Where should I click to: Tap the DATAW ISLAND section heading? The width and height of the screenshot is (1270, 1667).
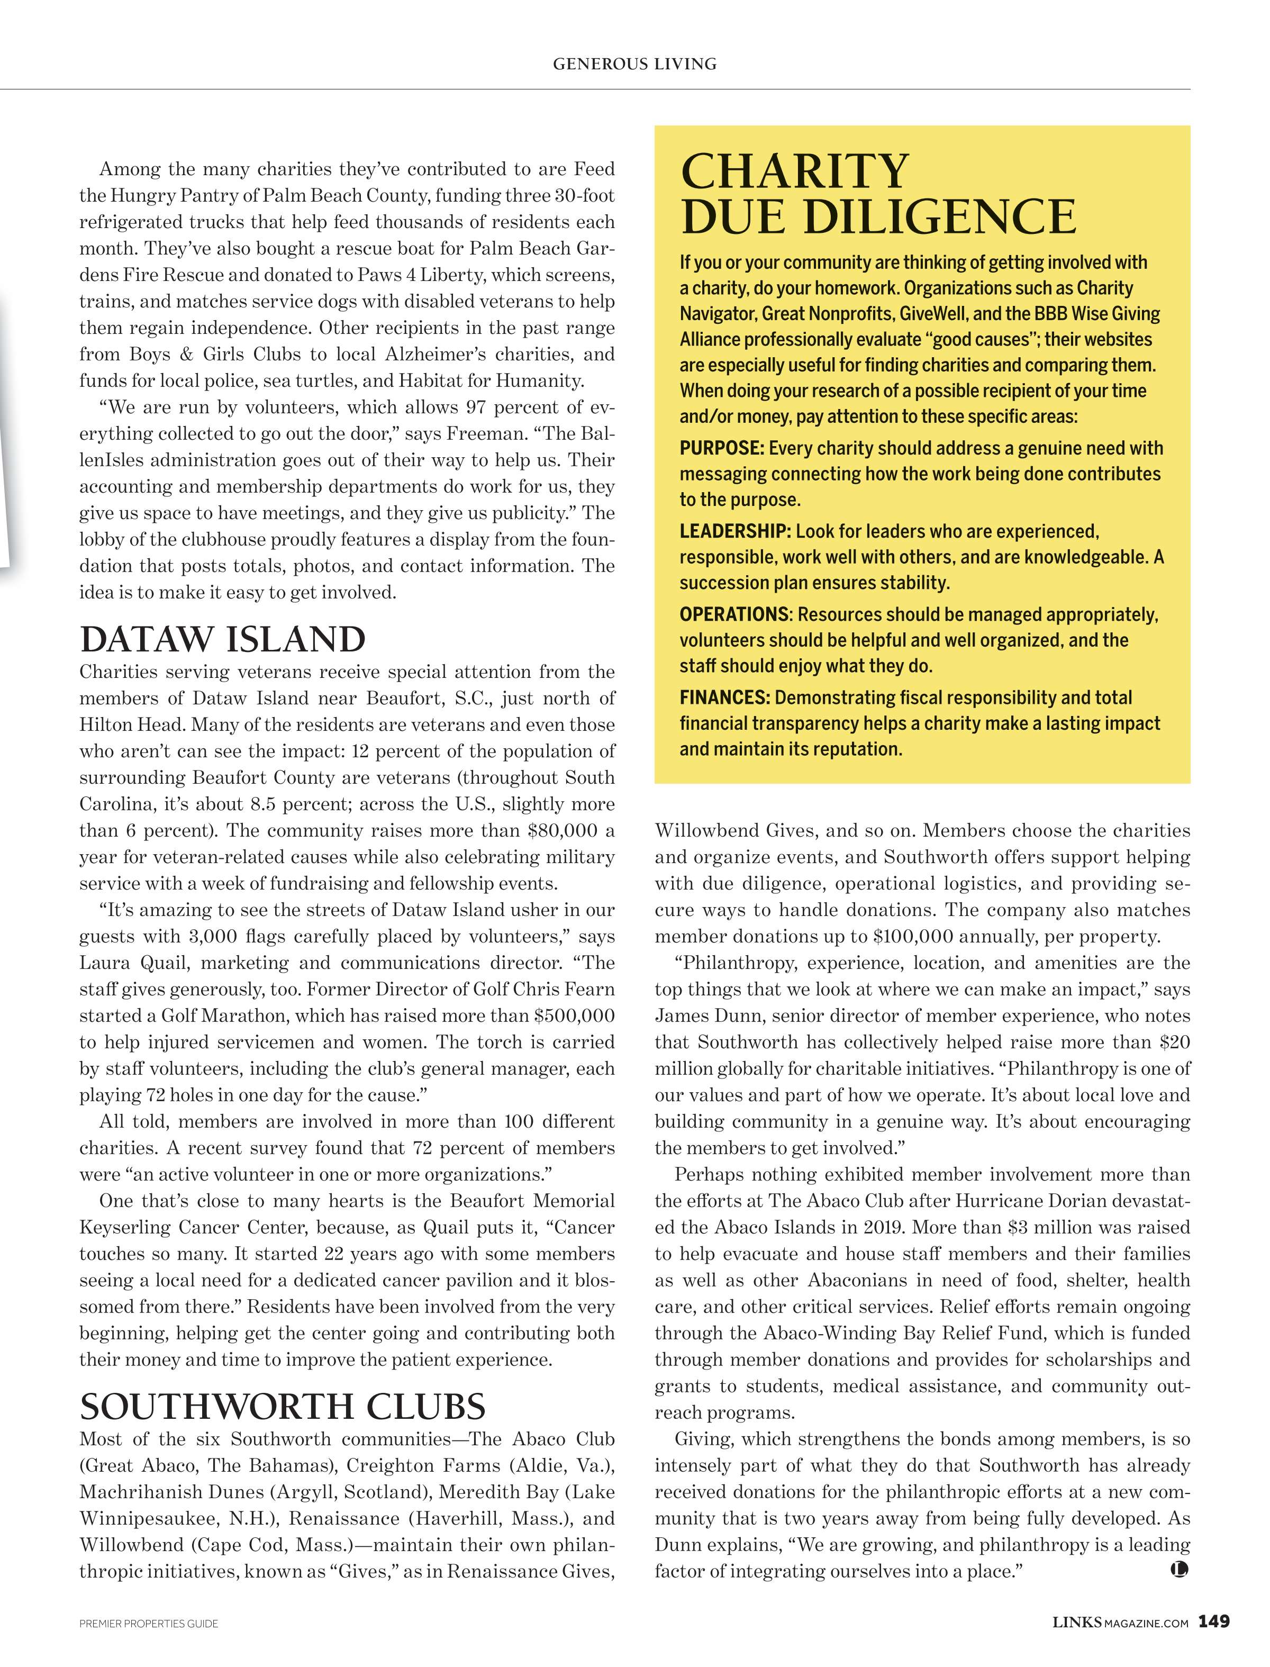[222, 640]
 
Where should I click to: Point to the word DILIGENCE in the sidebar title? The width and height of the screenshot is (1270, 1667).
[939, 216]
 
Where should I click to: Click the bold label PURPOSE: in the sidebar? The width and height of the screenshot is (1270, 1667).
[722, 448]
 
